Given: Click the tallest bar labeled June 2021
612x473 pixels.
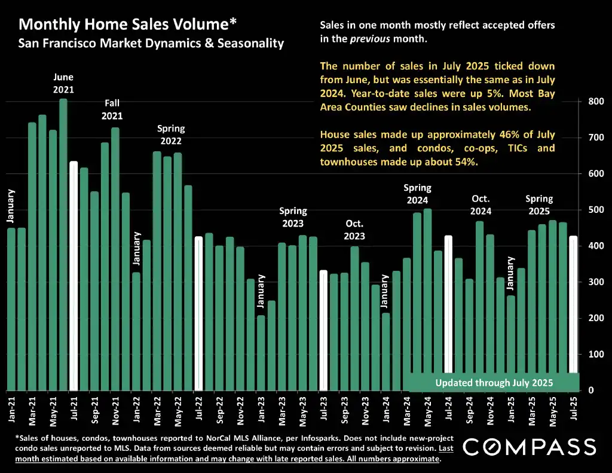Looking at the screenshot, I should tap(63, 245).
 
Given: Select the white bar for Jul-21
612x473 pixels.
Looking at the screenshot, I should tap(74, 275).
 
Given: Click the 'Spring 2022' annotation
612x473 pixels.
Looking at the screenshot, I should tap(171, 135).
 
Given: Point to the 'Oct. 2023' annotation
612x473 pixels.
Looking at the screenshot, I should tap(355, 229).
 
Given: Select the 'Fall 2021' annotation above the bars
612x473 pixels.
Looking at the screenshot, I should tap(112, 109).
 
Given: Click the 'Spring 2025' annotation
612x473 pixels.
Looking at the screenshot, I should tap(539, 205).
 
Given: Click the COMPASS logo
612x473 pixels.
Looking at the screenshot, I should tap(529, 446).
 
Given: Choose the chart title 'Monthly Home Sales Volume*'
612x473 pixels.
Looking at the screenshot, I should tap(127, 25).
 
